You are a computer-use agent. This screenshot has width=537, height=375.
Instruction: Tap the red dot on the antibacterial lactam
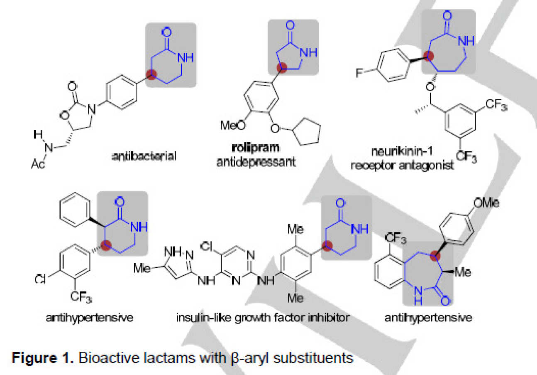click(x=153, y=75)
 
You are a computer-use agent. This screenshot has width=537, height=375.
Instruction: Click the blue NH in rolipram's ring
click(x=308, y=53)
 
